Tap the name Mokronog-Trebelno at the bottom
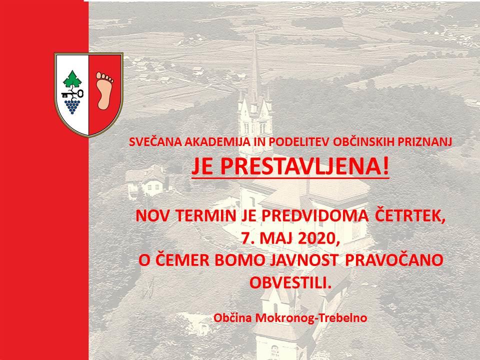click(x=311, y=318)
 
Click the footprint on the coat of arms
click(x=104, y=90)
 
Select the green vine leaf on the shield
click(x=72, y=78)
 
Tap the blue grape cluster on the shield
click(x=72, y=105)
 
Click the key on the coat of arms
click(x=72, y=93)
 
